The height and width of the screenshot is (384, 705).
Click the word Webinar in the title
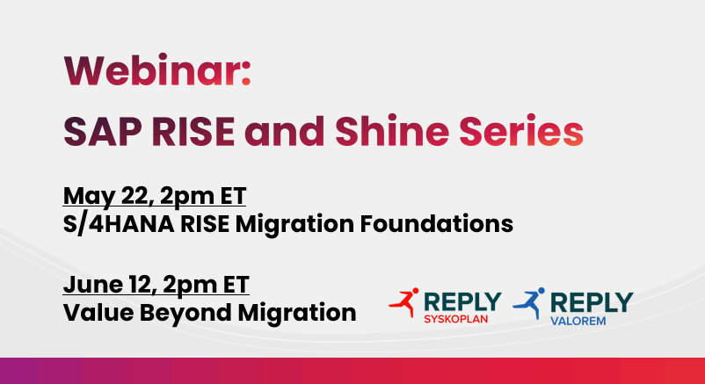point(149,70)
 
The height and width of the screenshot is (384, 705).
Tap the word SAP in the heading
point(103,131)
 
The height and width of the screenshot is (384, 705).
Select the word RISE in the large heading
point(193,131)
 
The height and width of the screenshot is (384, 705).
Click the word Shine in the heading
point(392,131)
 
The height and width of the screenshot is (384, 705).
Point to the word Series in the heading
point(521,131)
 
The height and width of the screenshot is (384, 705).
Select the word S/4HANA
point(119,224)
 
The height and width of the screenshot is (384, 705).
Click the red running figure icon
point(404,302)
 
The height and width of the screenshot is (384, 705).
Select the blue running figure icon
point(530,303)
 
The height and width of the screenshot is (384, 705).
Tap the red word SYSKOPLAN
point(456,319)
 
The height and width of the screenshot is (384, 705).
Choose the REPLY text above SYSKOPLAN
point(462,301)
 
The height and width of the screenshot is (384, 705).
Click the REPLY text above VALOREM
point(592,302)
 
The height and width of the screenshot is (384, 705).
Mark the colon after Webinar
point(245,74)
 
